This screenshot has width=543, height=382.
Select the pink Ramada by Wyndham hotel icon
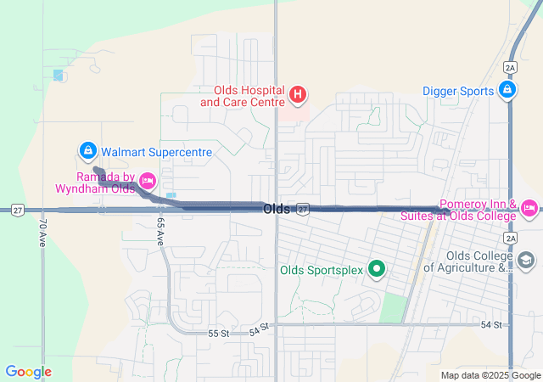[147, 180]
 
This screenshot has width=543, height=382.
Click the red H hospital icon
[297, 94]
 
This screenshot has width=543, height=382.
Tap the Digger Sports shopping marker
[507, 89]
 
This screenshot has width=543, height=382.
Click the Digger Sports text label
[457, 90]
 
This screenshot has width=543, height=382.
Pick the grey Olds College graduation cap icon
[527, 261]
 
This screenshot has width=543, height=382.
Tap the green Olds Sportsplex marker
[377, 271]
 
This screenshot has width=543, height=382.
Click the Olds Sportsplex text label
[322, 271]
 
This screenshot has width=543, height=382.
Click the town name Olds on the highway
[277, 209]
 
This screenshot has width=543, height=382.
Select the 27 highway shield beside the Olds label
[303, 209]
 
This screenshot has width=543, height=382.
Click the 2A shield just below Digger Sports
[509, 66]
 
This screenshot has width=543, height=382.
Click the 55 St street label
[219, 334]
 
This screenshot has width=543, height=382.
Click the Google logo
[29, 372]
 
